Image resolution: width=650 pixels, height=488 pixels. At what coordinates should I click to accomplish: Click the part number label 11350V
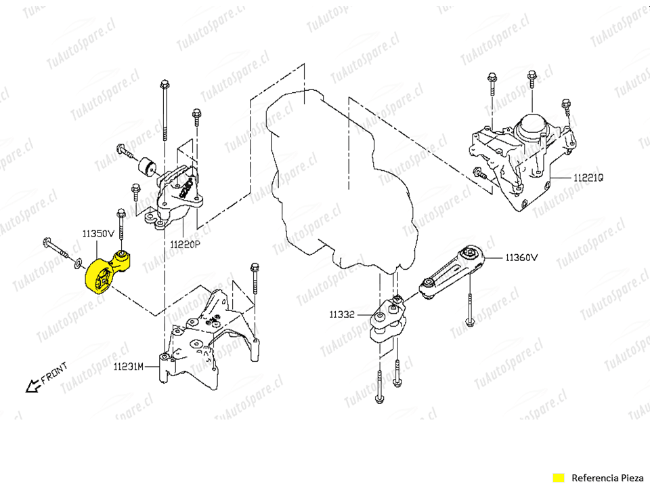[x=99, y=233]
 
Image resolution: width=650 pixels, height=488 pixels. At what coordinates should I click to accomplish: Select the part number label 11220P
[x=185, y=244]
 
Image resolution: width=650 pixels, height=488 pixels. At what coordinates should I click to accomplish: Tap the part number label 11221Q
[x=588, y=178]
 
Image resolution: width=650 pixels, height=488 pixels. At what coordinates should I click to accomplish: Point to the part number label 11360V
[x=521, y=258]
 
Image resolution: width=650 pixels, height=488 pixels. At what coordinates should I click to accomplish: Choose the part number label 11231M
[x=129, y=367]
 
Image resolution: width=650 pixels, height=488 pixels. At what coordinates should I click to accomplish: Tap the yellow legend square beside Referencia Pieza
[x=559, y=476]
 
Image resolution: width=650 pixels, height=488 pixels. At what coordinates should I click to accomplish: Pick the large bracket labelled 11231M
[x=203, y=339]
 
